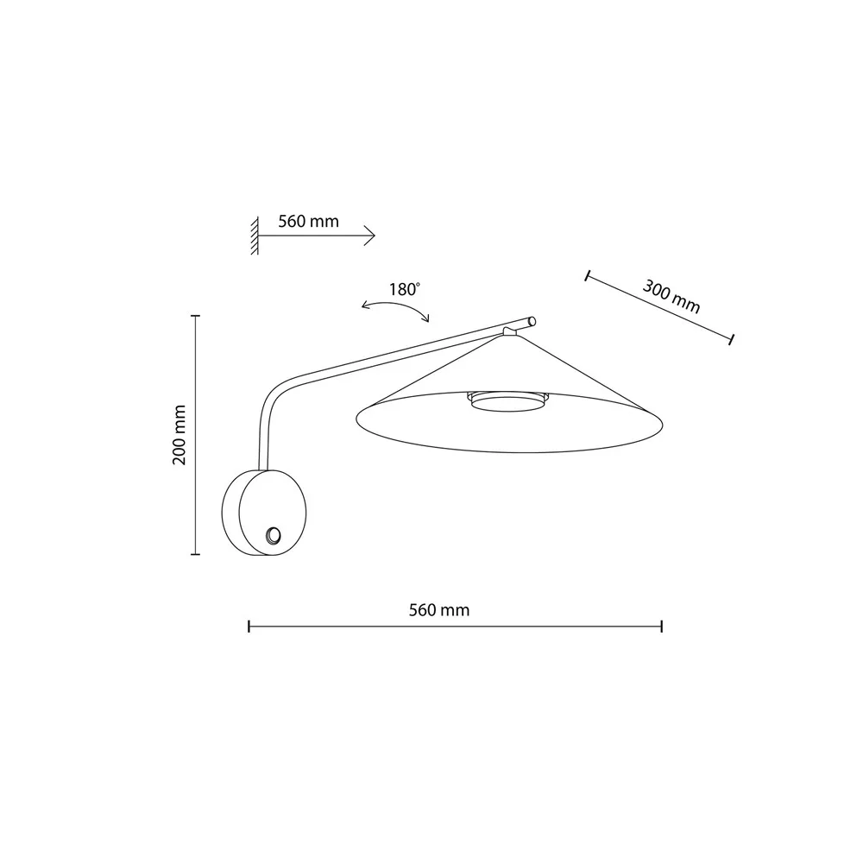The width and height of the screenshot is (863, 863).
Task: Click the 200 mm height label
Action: [180, 435]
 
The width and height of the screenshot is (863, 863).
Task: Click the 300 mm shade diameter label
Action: [671, 297]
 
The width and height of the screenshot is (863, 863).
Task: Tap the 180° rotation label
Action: [405, 289]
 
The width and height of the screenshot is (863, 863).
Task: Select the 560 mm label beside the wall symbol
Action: [308, 221]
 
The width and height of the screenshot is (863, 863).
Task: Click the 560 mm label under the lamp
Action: [439, 610]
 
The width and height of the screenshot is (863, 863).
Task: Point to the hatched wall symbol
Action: [255, 236]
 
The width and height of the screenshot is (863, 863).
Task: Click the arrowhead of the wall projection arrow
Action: [370, 236]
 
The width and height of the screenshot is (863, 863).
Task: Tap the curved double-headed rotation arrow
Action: [395, 308]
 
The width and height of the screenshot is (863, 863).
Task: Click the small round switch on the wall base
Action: [273, 536]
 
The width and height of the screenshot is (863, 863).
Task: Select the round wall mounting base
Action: [264, 513]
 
